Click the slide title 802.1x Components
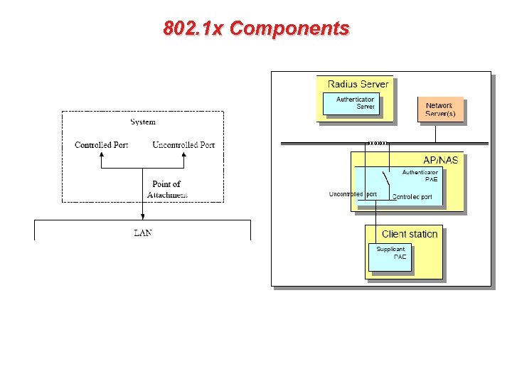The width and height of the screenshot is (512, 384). click(256, 28)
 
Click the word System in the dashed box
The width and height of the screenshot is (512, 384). click(143, 122)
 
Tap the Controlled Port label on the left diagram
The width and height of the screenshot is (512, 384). click(102, 145)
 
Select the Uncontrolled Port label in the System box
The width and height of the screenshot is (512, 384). click(183, 145)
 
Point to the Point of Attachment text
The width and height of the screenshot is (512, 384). click(167, 189)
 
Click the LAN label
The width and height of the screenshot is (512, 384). click(143, 233)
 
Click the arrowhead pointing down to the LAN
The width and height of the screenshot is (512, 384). click(143, 217)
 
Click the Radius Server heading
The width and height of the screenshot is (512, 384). click(358, 84)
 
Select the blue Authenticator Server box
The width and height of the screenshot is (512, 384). click(355, 103)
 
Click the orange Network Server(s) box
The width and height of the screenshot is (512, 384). click(439, 110)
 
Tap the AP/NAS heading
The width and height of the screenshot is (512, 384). click(441, 160)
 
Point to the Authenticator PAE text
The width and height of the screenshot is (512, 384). click(420, 176)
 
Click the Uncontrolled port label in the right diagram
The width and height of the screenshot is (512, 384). click(353, 194)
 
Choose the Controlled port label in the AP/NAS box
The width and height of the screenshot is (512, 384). click(412, 197)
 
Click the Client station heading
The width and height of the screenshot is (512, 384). click(410, 234)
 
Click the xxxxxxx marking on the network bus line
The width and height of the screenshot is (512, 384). click(376, 144)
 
